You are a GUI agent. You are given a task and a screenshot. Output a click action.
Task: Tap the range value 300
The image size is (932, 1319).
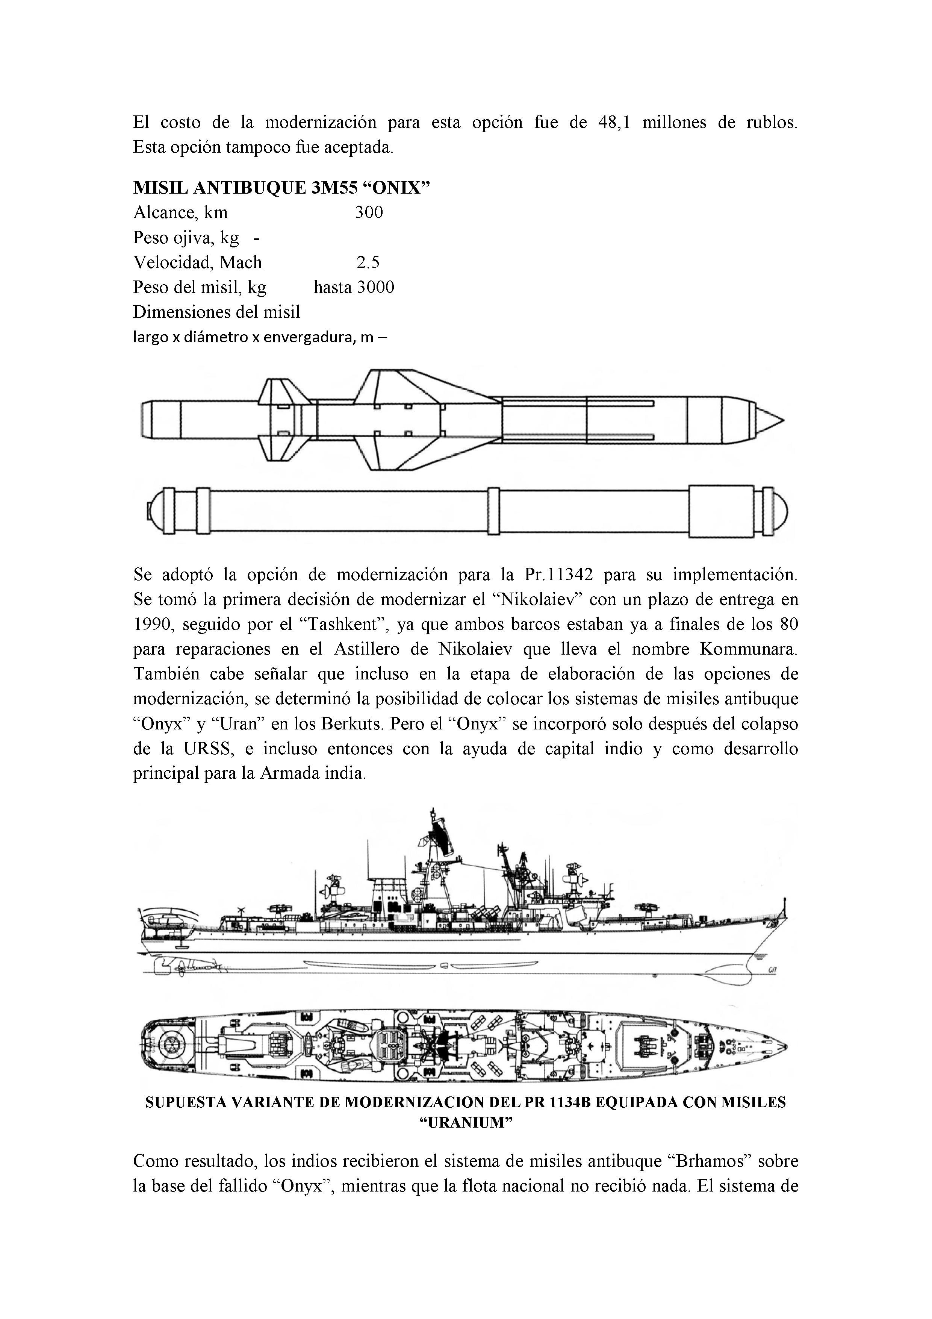click(x=369, y=212)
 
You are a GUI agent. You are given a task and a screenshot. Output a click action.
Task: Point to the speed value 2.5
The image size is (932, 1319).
click(x=368, y=262)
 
